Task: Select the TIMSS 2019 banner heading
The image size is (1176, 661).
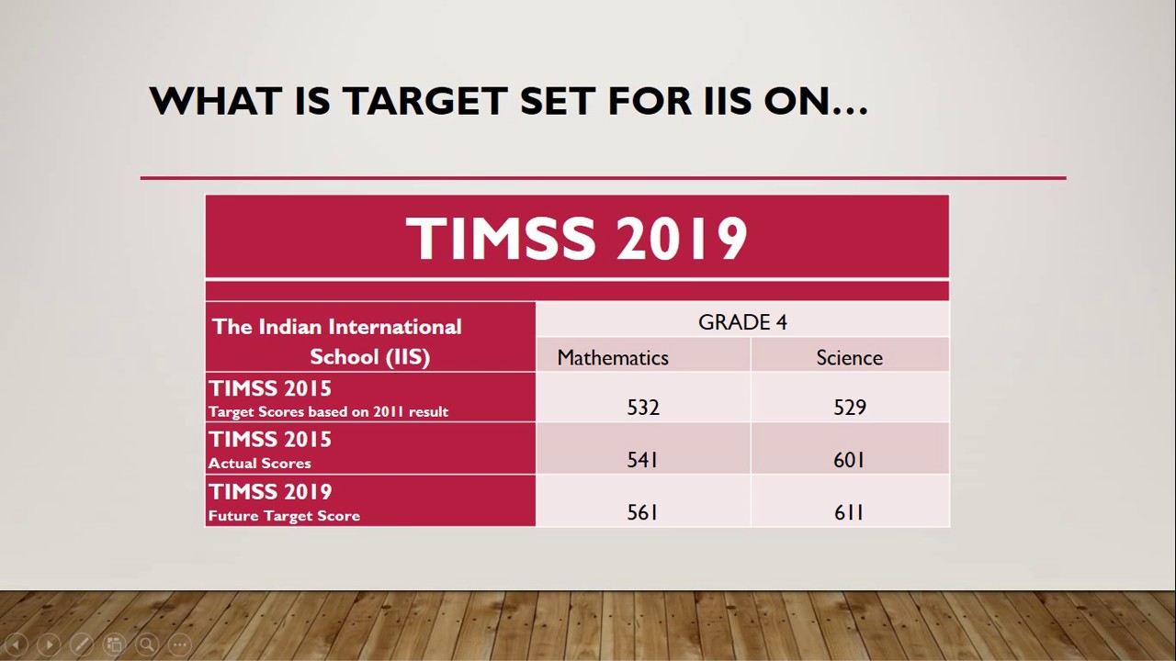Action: tap(577, 239)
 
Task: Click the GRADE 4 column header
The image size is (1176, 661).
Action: tap(742, 322)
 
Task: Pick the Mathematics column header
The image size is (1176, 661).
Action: tap(613, 358)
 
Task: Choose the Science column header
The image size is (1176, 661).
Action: tap(849, 358)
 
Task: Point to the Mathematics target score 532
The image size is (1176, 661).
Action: tap(643, 408)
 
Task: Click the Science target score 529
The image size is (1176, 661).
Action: tap(850, 408)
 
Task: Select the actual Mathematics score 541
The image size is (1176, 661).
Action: tap(642, 460)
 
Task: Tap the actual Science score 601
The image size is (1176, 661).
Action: tap(849, 460)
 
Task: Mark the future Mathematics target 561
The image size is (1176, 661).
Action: tap(642, 513)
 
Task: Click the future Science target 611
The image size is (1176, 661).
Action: tap(849, 513)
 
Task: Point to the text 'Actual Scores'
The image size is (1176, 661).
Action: tap(260, 464)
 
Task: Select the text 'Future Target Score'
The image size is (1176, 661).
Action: tap(284, 516)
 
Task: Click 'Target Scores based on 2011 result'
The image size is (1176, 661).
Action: tap(328, 411)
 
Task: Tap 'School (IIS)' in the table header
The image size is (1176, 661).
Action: tap(369, 357)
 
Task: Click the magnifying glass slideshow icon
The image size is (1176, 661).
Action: tap(147, 644)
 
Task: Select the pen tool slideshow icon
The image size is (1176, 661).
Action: tap(81, 644)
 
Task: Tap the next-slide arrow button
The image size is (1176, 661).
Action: tap(49, 644)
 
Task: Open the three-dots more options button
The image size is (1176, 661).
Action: tap(180, 644)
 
